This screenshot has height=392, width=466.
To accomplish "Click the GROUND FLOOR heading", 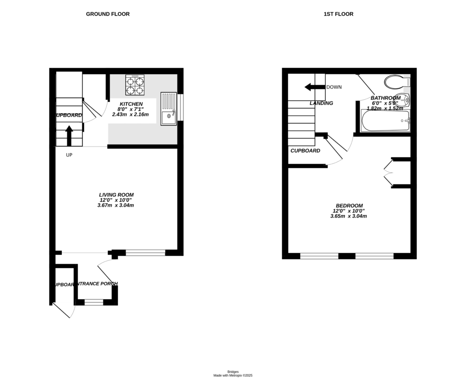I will [108, 14].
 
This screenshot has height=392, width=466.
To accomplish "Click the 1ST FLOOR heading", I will [338, 14].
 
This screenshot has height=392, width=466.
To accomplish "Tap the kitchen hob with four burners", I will [135, 85].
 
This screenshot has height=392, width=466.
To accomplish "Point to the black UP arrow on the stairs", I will [69, 135].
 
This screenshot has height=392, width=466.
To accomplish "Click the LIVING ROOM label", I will [116, 195].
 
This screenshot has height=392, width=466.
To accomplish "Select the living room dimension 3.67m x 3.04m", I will [116, 205].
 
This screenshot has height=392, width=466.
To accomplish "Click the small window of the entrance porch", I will [94, 301].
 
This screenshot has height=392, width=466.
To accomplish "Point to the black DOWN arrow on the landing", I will [314, 87].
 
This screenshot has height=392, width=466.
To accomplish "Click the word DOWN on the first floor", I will [334, 87].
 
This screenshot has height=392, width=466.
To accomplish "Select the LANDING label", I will [321, 103].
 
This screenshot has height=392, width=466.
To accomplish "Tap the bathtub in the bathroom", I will [386, 121].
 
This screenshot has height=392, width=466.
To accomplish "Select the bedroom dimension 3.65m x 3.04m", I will [349, 216].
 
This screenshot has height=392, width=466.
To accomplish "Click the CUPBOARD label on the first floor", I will [305, 151].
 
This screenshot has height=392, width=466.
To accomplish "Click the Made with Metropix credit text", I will [233, 376].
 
